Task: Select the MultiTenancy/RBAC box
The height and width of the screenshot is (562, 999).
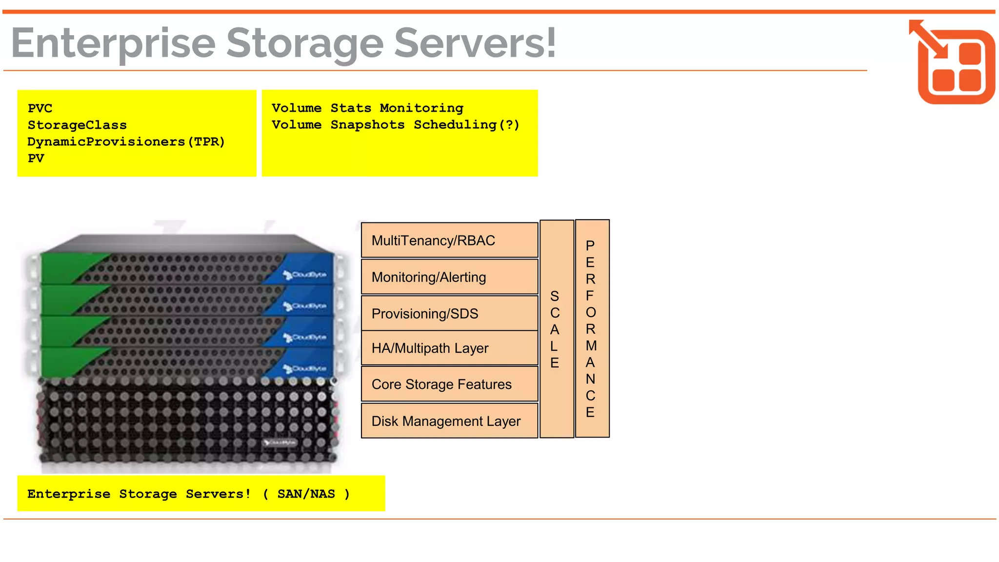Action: [x=449, y=240]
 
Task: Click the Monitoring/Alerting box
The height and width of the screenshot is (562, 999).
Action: [x=449, y=277]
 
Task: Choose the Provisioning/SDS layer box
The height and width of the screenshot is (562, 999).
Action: [x=449, y=313]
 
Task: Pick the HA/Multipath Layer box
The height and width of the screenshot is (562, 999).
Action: [x=449, y=348]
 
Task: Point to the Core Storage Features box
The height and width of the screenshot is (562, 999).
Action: [x=449, y=384]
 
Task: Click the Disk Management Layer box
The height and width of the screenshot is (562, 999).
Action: [x=449, y=421]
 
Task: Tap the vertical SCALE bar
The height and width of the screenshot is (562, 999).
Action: [x=556, y=329]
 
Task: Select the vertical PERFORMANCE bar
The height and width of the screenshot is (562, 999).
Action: [x=592, y=329]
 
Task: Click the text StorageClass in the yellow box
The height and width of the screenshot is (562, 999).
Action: [x=77, y=125]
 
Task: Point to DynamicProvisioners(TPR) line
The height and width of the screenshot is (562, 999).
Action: [x=126, y=141]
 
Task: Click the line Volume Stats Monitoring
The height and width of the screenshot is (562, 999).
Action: [x=367, y=108]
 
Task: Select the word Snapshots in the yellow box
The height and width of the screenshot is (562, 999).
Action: [x=367, y=124]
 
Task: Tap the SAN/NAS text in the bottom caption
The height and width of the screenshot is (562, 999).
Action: [x=306, y=494]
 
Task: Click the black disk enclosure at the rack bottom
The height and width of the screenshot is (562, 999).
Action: [x=188, y=422]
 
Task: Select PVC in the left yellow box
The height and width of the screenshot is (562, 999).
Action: [x=40, y=108]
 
